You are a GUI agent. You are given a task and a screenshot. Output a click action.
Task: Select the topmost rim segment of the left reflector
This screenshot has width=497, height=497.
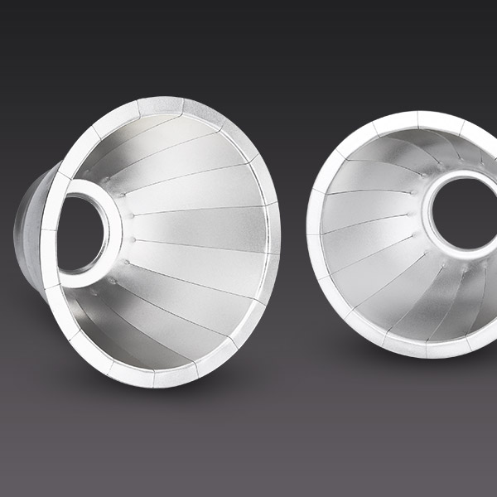pyautogui.click(x=160, y=107)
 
